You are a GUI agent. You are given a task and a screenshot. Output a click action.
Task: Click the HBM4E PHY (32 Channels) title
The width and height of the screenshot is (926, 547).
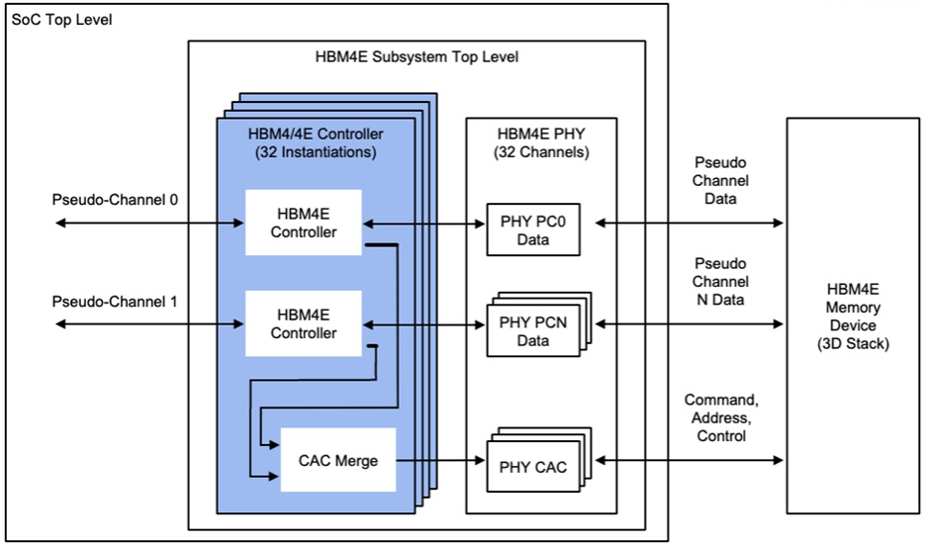(541, 142)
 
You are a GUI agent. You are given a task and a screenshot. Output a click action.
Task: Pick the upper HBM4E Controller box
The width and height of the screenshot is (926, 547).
(304, 223)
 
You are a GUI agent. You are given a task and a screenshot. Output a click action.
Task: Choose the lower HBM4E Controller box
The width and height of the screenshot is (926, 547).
(304, 323)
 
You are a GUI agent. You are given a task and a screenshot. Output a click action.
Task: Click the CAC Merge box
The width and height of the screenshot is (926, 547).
(339, 460)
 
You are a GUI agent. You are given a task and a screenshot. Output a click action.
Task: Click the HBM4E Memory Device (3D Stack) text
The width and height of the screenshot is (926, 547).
(854, 316)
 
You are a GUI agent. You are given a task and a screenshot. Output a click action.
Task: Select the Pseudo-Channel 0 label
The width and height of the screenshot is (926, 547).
(115, 200)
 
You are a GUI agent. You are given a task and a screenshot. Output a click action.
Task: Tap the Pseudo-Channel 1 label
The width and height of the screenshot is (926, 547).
(115, 301)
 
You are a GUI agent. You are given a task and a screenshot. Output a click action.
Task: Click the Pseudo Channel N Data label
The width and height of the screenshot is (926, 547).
(720, 282)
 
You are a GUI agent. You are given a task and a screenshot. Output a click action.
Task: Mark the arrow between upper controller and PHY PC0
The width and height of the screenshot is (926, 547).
(425, 224)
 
